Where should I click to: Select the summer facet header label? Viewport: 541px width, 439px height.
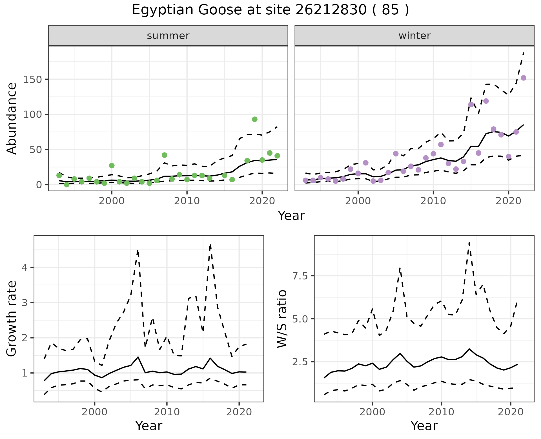tap(168, 36)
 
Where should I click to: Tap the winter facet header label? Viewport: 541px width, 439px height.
tap(414, 36)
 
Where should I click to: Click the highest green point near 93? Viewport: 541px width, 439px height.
tap(255, 119)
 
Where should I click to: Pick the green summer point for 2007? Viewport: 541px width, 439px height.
tap(165, 155)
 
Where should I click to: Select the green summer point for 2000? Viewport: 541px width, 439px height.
tap(112, 165)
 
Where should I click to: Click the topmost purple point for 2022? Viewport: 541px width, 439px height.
tap(524, 78)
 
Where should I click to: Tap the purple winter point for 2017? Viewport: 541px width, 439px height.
tap(486, 101)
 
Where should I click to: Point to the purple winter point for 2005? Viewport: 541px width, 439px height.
tap(396, 154)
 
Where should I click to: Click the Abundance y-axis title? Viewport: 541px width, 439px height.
tap(12, 118)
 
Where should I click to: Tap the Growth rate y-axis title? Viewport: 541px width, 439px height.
tap(12, 319)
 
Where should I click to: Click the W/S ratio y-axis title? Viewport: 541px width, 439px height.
tap(282, 319)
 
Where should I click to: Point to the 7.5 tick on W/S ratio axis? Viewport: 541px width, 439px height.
tap(301, 276)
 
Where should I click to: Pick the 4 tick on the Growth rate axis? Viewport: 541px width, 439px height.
tap(25, 267)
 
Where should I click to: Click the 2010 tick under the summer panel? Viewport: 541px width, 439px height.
tap(187, 201)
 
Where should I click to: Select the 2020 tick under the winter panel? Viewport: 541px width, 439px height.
tap(509, 201)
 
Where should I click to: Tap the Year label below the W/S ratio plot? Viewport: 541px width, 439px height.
tap(424, 426)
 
